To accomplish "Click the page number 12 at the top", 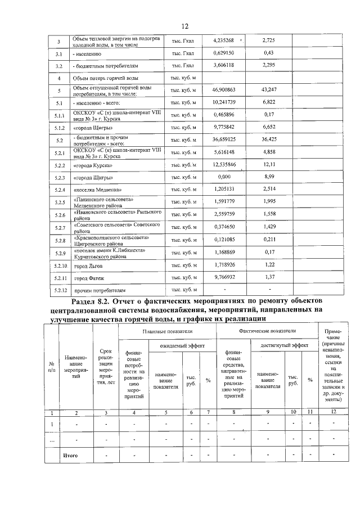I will click(185, 26).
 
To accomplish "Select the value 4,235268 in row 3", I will click(228, 41).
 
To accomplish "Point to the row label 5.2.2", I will click(60, 166).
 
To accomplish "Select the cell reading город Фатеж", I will click(90, 278).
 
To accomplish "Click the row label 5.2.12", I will click(60, 290).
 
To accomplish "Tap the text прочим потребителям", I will click(101, 290).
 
